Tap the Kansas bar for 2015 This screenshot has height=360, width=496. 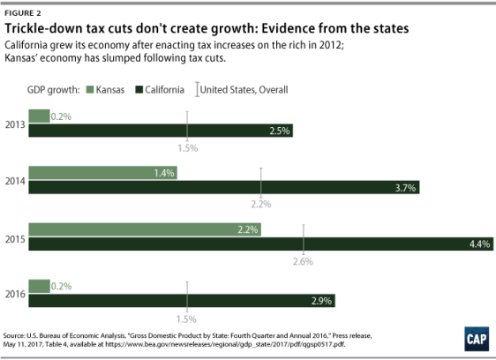pos(147,229)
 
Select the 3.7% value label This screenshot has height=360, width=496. pos(405,187)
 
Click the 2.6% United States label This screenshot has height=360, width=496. pos(304,261)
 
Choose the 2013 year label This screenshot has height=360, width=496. pos(15,124)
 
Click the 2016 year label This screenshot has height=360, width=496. pos(15,294)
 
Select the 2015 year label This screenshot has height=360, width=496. pos(15,236)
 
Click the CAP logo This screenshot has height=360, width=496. pos(476,339)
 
